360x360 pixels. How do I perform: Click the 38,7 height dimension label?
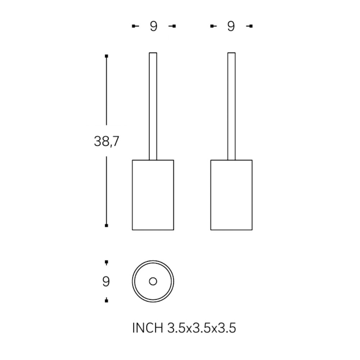coord(107,141)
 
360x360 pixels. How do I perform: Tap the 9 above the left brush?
coord(154,26)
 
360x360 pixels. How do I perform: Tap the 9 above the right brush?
coord(231,26)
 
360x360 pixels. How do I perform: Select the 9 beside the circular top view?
coord(106,281)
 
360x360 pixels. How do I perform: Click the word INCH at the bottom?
coord(148,328)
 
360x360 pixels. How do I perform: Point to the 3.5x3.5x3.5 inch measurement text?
coord(202,328)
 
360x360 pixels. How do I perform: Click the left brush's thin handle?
coord(153,106)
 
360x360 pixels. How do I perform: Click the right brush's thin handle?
coord(231,106)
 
